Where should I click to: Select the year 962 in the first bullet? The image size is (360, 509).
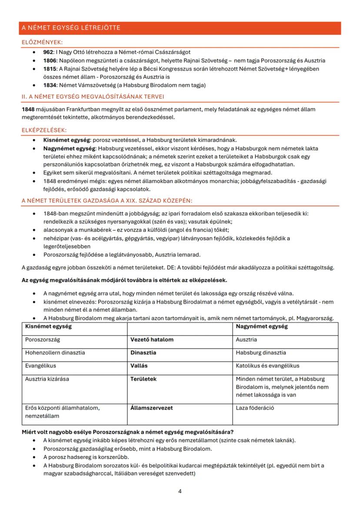(x=48, y=52)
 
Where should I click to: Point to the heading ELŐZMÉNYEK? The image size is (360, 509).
(x=42, y=42)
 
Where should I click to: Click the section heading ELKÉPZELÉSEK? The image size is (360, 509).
(x=44, y=130)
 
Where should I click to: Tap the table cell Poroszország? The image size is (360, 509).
(x=43, y=339)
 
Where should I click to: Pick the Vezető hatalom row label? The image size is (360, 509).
(x=152, y=339)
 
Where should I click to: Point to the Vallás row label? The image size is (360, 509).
(x=139, y=366)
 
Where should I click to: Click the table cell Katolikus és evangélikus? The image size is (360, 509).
(x=267, y=366)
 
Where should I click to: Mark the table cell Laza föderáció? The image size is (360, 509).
(x=255, y=408)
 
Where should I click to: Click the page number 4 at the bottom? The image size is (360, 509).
(x=180, y=491)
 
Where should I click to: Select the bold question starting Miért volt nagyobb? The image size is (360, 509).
(x=127, y=432)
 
